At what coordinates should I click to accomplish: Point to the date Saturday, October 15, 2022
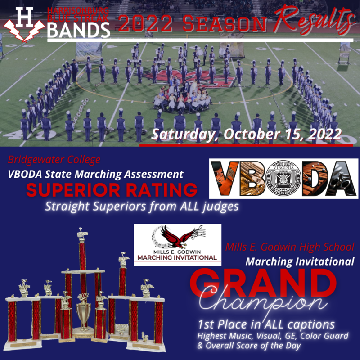coord(247,134)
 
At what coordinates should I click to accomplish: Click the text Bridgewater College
coord(54,160)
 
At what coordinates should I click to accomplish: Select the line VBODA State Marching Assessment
coord(95,174)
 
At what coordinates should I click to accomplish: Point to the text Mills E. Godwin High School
coord(290,247)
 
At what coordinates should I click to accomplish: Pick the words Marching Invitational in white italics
coord(300,261)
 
